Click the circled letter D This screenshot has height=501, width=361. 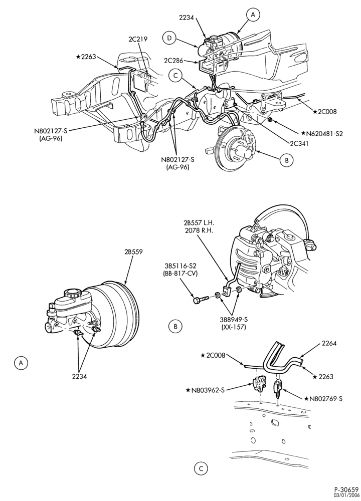pyautogui.click(x=169, y=39)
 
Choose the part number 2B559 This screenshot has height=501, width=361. pyautogui.click(x=132, y=252)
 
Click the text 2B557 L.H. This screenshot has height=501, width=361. pyautogui.click(x=197, y=222)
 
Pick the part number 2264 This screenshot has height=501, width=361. pyautogui.click(x=329, y=344)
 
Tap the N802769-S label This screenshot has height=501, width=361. pyautogui.click(x=321, y=398)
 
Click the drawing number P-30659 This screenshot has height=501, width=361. pyautogui.click(x=346, y=488)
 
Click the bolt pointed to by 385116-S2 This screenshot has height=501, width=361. pyautogui.click(x=201, y=300)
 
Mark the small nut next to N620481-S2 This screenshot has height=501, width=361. pyautogui.click(x=270, y=120)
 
